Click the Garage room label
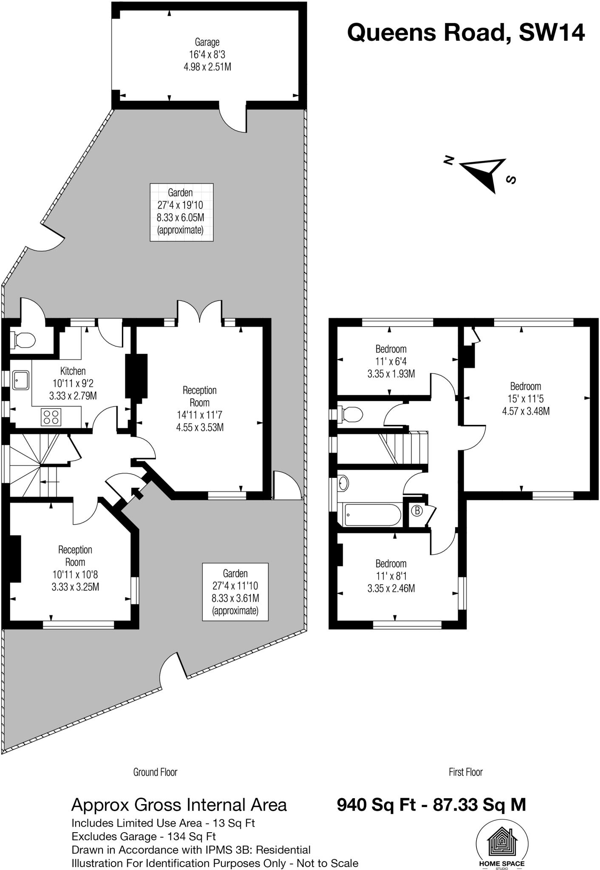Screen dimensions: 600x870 207,42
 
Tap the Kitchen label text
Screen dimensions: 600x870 73,371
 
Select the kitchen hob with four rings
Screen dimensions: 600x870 51,416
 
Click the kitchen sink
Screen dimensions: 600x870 20,379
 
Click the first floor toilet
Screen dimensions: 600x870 351,413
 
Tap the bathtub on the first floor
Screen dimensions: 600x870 372,514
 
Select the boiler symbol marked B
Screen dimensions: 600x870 417,510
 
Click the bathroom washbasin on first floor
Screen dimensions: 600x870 343,483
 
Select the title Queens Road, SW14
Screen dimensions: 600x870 466,32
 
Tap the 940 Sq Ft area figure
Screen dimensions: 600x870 376,805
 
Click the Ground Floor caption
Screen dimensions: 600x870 155,772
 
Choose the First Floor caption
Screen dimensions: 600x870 466,772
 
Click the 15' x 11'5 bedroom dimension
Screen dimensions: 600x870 526,398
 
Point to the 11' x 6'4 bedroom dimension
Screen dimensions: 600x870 391,362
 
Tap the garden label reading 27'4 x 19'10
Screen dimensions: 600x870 181,205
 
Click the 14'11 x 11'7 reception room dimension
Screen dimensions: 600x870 199,415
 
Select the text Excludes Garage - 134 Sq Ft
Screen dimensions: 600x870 144,836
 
